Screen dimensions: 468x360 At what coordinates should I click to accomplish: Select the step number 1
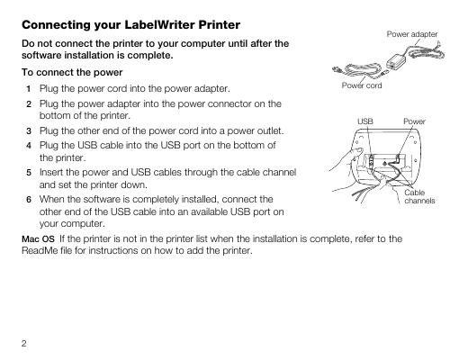click(29, 89)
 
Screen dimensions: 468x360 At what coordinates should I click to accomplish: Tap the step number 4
click(29, 146)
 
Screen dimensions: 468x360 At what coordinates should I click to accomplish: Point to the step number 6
click(29, 200)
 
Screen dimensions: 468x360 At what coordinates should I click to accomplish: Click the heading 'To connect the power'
click(72, 72)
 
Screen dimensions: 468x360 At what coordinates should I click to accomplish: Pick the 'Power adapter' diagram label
click(412, 34)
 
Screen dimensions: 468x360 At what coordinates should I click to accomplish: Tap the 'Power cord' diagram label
click(362, 85)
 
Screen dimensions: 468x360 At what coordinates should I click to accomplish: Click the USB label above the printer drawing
click(365, 121)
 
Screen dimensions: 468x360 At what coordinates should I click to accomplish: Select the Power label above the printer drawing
click(414, 121)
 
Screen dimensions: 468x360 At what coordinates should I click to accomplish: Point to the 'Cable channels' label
click(419, 196)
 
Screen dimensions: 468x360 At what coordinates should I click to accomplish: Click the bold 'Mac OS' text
click(38, 239)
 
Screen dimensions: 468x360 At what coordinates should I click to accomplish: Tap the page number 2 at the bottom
click(24, 343)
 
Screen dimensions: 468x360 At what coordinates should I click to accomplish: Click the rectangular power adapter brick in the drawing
click(396, 60)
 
